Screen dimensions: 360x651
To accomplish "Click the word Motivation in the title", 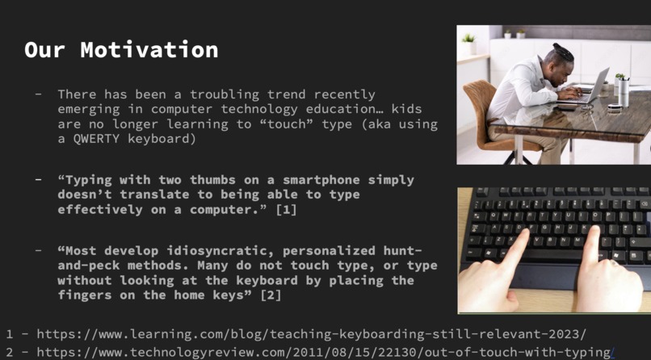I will [x=149, y=50].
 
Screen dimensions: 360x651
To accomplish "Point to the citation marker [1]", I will [x=287, y=209].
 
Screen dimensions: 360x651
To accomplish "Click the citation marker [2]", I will [x=271, y=295].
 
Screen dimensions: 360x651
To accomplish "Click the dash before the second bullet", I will [x=38, y=179].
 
